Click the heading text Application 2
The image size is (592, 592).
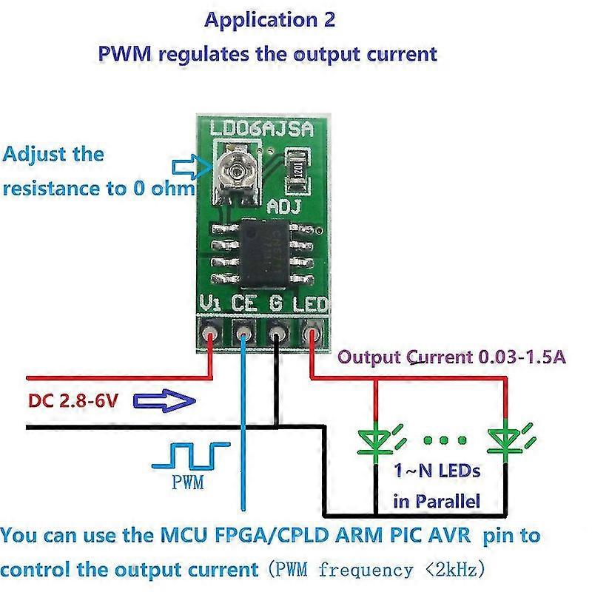(270, 20)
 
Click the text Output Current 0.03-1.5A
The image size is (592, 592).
(452, 357)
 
